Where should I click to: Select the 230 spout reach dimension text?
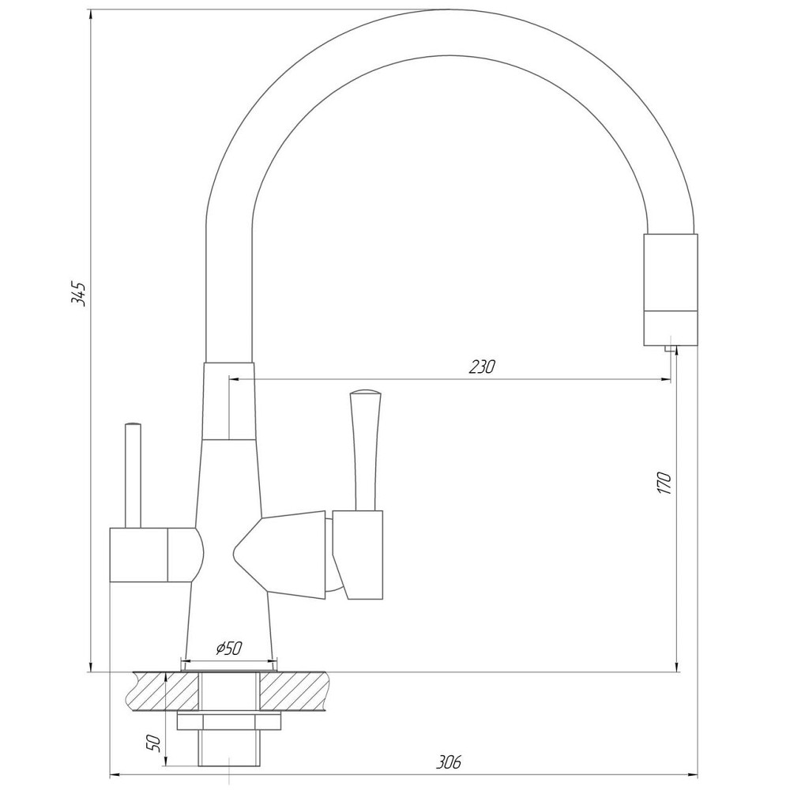click(x=481, y=367)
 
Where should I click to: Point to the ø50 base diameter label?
click(x=228, y=649)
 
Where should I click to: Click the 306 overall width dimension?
click(x=448, y=762)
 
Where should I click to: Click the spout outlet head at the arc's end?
click(x=671, y=288)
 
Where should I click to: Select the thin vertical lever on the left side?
click(x=133, y=474)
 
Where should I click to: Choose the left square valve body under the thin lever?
click(x=139, y=555)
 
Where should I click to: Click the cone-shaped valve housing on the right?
click(x=284, y=553)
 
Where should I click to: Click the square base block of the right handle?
click(x=357, y=553)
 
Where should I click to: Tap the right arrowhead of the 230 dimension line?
click(x=666, y=380)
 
